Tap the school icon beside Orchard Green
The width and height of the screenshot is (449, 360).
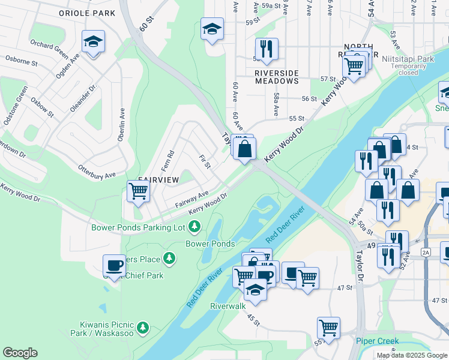(93, 42)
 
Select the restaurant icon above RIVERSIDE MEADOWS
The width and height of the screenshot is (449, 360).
(266, 49)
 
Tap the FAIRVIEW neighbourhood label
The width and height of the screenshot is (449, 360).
(158, 179)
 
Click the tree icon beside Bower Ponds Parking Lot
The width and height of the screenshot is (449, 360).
(194, 226)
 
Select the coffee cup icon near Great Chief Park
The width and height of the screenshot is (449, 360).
(114, 265)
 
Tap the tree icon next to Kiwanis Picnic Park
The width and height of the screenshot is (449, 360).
(143, 328)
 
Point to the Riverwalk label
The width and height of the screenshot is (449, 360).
(228, 306)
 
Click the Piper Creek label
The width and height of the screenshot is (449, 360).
(377, 341)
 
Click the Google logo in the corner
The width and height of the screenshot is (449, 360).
(20, 353)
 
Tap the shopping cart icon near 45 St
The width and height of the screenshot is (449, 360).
(328, 328)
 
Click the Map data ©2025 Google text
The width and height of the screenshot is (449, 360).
(412, 355)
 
